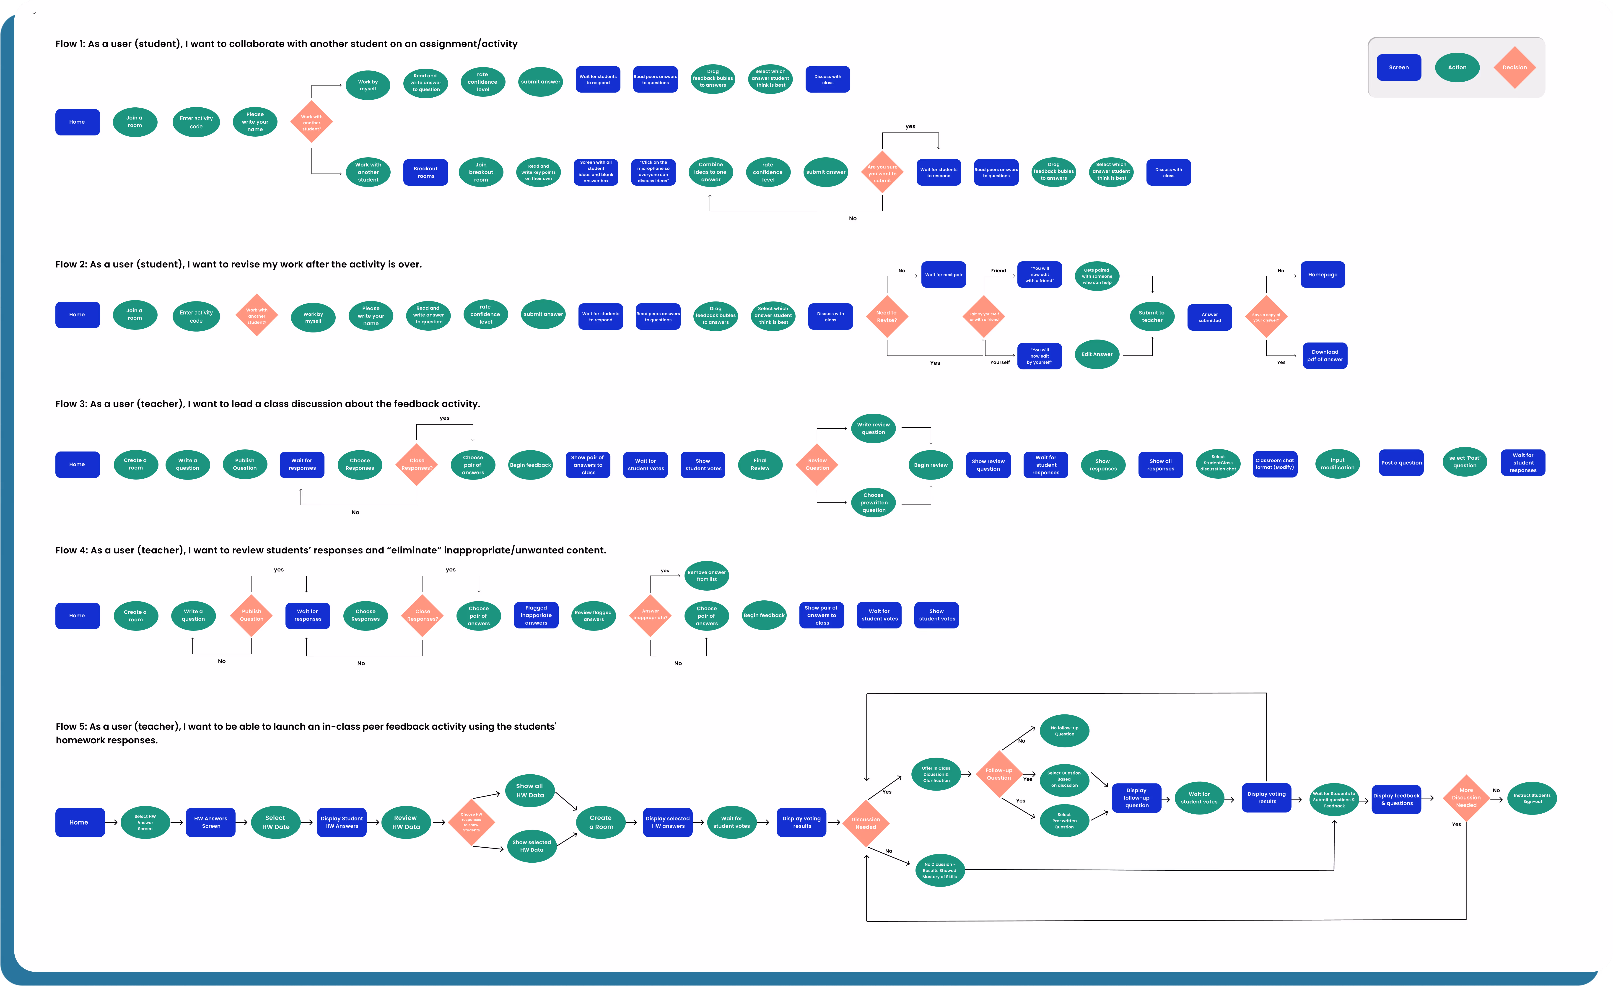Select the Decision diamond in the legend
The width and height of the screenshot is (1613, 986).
point(1514,67)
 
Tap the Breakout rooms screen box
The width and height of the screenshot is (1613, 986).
point(425,172)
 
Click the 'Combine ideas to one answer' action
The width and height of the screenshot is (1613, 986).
point(710,172)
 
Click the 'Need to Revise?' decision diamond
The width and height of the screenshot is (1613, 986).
point(886,316)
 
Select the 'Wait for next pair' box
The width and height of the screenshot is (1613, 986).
point(943,275)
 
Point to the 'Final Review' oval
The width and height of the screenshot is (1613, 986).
point(760,464)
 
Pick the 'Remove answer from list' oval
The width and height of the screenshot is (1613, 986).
point(706,576)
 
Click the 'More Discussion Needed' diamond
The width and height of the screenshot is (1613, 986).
point(1466,797)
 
